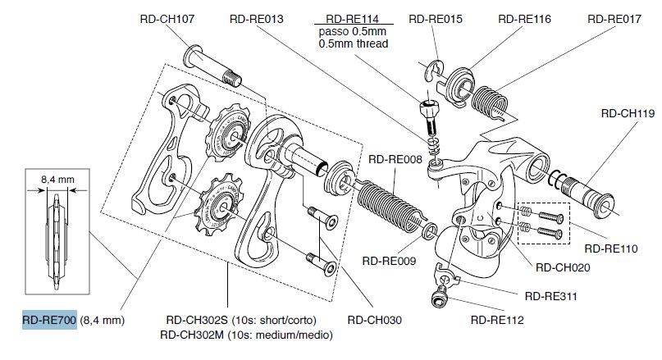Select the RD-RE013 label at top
click(x=257, y=17)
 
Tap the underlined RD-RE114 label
click(x=353, y=17)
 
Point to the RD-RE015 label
click(x=435, y=17)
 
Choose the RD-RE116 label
click(x=524, y=17)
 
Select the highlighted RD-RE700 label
click(x=49, y=320)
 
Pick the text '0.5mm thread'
click(x=354, y=43)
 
